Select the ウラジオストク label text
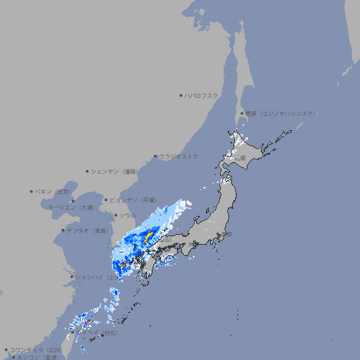pyautogui.click(x=179, y=156)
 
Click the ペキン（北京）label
pyautogui.click(x=53, y=191)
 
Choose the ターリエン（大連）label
pyautogui.click(x=71, y=207)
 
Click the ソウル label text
pyautogui.click(x=127, y=215)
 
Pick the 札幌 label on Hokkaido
pyautogui.click(x=240, y=158)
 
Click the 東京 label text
pyautogui.click(x=226, y=234)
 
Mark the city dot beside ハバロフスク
pyautogui.click(x=181, y=95)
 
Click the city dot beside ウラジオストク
pyautogui.click(x=155, y=156)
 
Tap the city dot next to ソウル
pyautogui.click(x=115, y=215)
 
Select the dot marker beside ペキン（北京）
pyautogui.click(x=32, y=191)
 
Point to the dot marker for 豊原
pyautogui.click(x=241, y=113)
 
